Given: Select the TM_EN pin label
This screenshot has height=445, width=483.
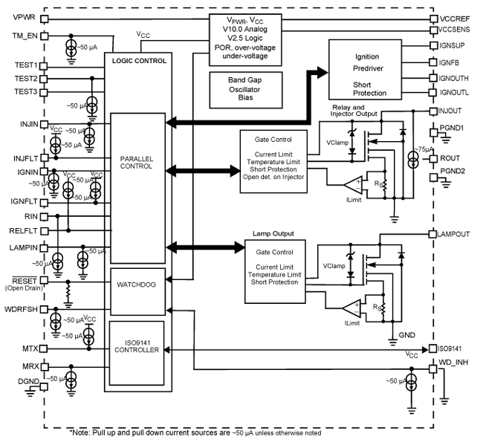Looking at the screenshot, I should [x=17, y=36].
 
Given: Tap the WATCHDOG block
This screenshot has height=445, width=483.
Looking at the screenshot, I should [x=141, y=285].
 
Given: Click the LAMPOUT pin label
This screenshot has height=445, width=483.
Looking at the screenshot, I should [x=454, y=233].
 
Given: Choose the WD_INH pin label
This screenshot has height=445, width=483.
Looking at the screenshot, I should [x=453, y=363].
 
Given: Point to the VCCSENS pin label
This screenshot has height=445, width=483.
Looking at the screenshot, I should [x=455, y=31].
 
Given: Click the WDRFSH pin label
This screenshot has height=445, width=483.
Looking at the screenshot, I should [x=19, y=308].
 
